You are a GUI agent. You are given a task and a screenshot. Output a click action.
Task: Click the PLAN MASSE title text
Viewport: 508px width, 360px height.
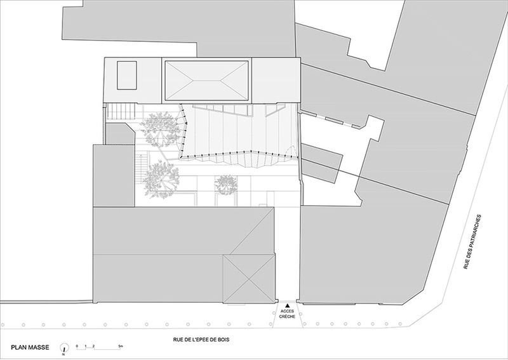pyautogui.click(x=27, y=348)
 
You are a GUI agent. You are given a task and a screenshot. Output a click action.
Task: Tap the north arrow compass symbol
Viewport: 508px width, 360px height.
pyautogui.click(x=63, y=348)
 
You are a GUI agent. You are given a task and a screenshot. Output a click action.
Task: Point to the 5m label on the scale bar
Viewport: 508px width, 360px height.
pyautogui.click(x=121, y=345)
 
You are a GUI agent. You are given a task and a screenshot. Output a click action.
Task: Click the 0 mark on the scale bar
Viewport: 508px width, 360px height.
pyautogui.click(x=77, y=345)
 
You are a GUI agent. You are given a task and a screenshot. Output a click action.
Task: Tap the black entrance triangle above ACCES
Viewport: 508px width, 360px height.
pyautogui.click(x=286, y=305)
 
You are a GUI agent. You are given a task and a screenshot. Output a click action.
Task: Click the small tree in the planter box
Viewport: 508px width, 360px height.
pyautogui.click(x=225, y=185)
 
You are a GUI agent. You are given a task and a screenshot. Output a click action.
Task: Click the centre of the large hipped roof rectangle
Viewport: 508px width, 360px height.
pyautogui.click(x=206, y=81)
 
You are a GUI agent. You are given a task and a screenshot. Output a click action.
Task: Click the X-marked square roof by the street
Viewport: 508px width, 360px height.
pyautogui.click(x=248, y=278)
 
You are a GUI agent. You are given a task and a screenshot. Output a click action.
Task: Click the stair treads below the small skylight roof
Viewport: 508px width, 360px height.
pyautogui.click(x=118, y=113)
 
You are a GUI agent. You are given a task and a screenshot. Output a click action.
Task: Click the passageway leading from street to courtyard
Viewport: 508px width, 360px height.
pyautogui.click(x=286, y=254)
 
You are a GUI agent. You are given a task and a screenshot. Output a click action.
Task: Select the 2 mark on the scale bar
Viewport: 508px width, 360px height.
pyautogui.click(x=93, y=345)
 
